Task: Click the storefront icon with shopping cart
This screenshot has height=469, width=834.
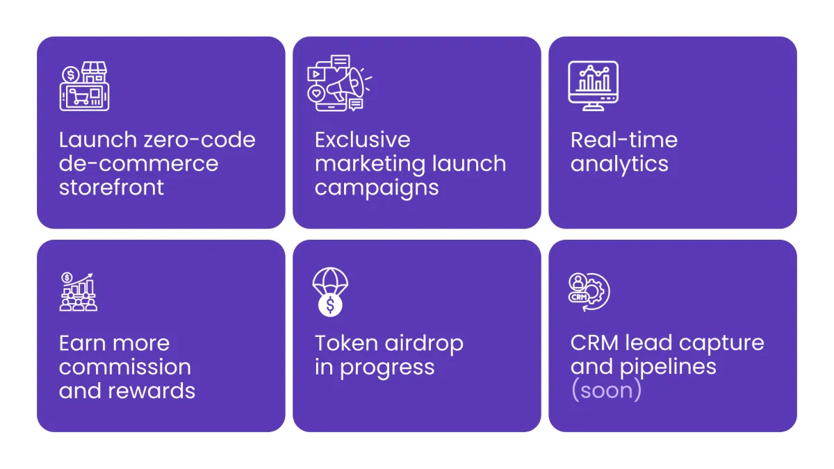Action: point(85,86)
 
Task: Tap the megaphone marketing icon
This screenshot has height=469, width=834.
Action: point(339,83)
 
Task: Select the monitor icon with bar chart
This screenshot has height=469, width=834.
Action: point(593,86)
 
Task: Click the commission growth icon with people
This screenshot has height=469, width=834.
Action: point(78,293)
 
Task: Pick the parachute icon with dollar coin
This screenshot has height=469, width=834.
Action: point(330,293)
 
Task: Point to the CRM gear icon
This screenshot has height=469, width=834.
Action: point(589,293)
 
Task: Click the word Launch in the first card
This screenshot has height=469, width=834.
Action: point(98,140)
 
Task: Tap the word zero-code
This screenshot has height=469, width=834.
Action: point(199,140)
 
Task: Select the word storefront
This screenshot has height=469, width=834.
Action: point(111,187)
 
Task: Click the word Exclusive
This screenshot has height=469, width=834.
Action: point(362,140)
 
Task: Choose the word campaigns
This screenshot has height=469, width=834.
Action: point(377,189)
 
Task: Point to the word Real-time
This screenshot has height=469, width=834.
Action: point(623,140)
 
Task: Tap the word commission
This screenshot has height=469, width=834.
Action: point(125,368)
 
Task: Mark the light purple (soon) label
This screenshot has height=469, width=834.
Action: point(606,390)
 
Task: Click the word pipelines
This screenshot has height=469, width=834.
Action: point(668,368)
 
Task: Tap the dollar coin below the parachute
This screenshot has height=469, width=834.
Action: point(330,305)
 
